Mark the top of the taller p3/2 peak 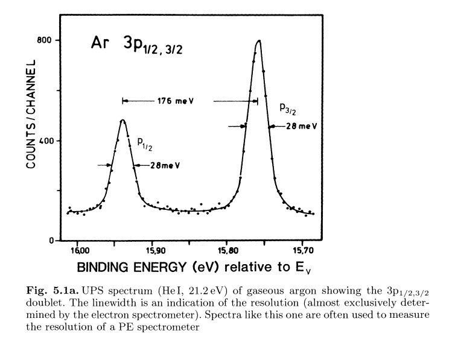259,41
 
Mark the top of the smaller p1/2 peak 122,120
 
